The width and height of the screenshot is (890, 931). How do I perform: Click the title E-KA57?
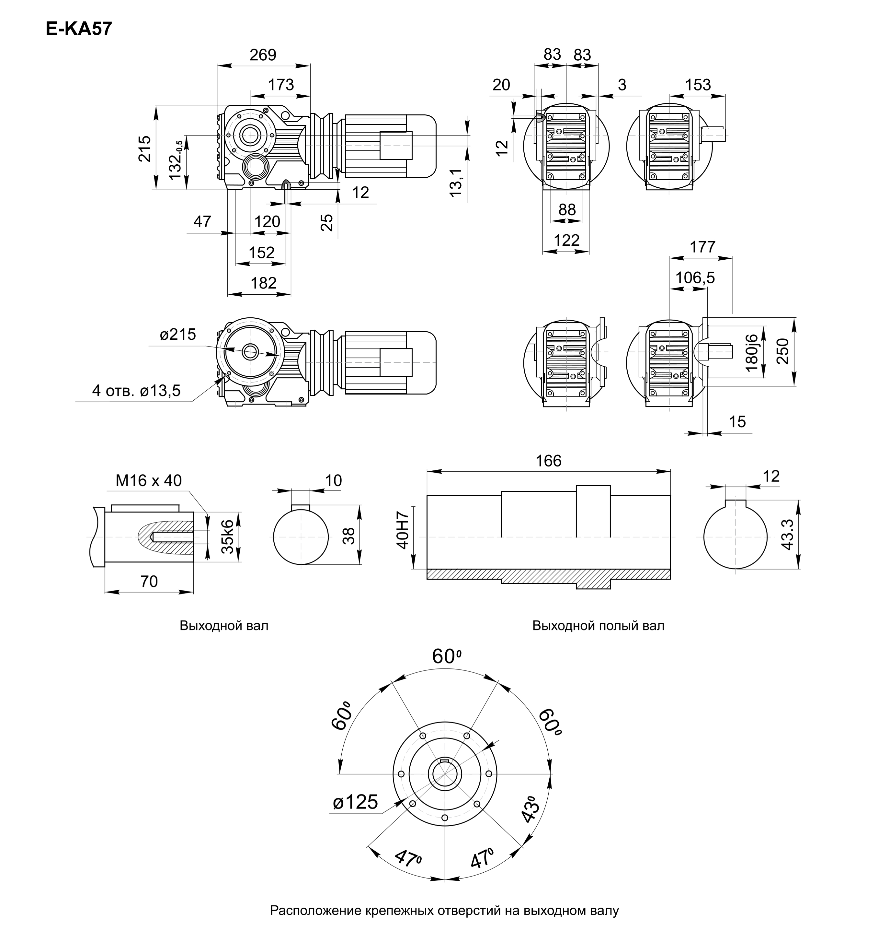click(x=79, y=29)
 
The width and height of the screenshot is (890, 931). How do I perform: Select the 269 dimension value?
click(x=263, y=55)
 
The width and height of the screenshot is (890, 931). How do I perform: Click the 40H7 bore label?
click(x=402, y=530)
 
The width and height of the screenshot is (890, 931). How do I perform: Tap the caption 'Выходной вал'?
click(x=224, y=625)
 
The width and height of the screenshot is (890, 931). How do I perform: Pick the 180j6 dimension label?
click(x=752, y=352)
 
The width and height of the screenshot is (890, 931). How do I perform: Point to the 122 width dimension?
click(x=567, y=240)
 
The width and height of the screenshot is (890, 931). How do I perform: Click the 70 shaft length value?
click(x=149, y=582)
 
